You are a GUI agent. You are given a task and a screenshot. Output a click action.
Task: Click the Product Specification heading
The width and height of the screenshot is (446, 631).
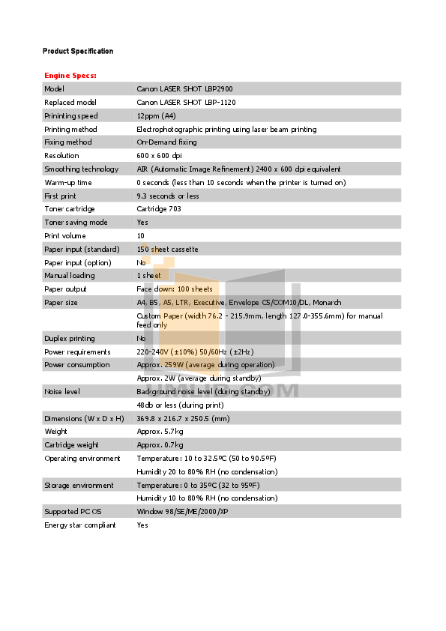(x=78, y=51)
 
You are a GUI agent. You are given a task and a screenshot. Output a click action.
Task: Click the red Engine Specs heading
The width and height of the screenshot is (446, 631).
(x=70, y=76)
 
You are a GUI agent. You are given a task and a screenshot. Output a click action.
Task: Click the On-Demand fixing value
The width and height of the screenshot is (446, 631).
(x=166, y=142)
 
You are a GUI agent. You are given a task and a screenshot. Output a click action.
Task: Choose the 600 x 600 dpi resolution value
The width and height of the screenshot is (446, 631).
(x=159, y=156)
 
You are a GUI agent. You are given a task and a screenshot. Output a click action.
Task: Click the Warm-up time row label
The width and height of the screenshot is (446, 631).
(x=68, y=182)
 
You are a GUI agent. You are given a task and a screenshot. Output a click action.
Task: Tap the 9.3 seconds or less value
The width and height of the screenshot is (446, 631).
(x=168, y=196)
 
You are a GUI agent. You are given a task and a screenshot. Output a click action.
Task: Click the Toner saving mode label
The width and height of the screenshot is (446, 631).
(x=76, y=223)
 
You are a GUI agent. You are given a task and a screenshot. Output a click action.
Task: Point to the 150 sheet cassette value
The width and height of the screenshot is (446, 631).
(x=167, y=249)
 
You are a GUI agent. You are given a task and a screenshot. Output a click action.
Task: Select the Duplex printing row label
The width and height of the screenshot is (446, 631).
(x=70, y=339)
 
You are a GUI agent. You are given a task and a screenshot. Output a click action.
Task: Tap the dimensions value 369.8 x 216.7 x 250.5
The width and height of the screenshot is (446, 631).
(x=183, y=418)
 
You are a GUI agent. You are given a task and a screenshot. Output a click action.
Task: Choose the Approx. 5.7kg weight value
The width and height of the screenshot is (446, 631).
(x=160, y=432)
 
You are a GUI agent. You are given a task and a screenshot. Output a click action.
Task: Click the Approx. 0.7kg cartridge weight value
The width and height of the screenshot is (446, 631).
(x=160, y=445)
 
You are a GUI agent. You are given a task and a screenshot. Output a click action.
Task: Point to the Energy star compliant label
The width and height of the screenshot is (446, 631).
(x=80, y=525)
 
